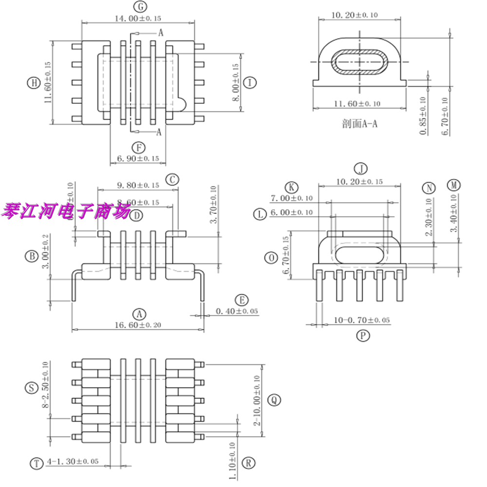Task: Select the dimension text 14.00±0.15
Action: point(138,18)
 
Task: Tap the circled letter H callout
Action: point(33,83)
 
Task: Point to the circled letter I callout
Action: point(249,83)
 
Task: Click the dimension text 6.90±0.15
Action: point(138,158)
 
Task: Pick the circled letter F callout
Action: point(138,147)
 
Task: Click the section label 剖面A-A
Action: point(360,124)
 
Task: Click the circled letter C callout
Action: point(172,180)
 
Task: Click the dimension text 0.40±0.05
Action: point(237,311)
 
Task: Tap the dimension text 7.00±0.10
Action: point(291,199)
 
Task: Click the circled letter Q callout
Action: point(275,400)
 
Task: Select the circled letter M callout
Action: point(454,186)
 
